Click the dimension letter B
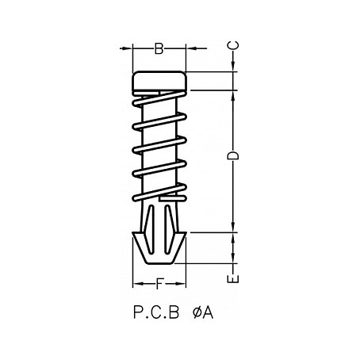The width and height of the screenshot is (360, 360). [x=158, y=50]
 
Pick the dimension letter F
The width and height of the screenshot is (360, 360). [x=159, y=283]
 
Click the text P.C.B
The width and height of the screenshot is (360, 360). [x=151, y=314]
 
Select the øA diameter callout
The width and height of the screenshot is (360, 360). [x=202, y=314]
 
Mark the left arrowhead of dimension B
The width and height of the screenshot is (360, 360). [x=134, y=49]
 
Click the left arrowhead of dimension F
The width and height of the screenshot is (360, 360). [x=135, y=283]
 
